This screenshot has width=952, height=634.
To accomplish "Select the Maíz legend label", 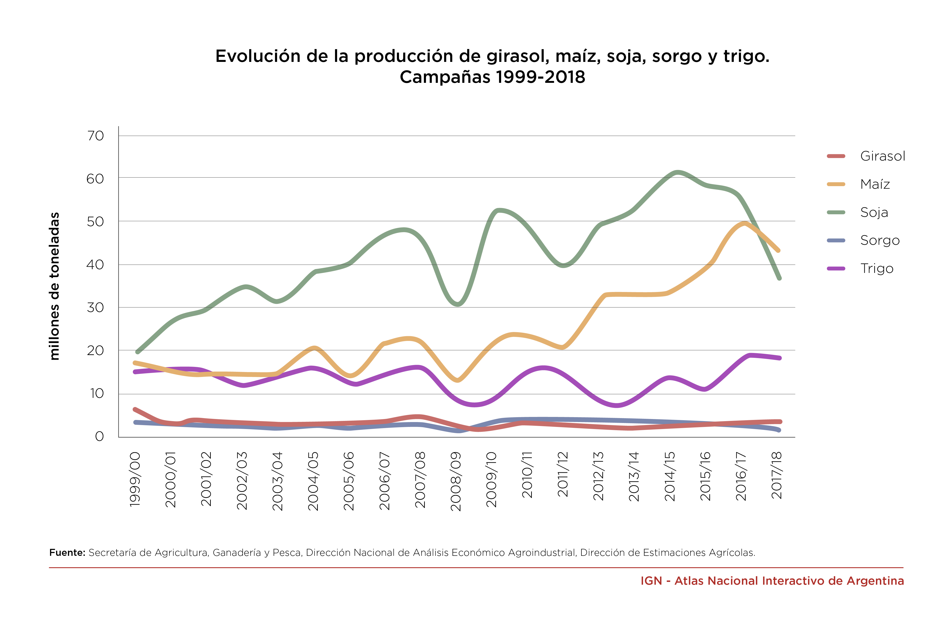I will coord(875,184).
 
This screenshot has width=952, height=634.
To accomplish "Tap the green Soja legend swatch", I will coord(836,212).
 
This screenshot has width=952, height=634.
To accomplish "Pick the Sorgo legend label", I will coord(880,241).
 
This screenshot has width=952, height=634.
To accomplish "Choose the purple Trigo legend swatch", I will coord(836,268).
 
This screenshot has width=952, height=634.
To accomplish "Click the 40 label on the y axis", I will coord(95,265).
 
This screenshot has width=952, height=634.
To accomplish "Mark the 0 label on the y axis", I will coord(99,436).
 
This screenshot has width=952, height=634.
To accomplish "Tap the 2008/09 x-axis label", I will coord(456,481).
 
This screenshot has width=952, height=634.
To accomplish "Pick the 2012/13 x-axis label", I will coord(598,476).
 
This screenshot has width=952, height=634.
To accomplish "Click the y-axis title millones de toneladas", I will coord(54,286).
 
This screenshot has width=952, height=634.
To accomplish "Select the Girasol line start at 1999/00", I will coord(135,409).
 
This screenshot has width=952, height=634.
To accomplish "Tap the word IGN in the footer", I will coord(651,581).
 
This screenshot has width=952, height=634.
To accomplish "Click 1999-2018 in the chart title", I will coord(540,77).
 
